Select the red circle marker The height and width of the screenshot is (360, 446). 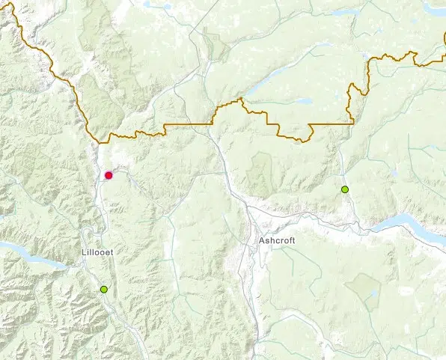[109, 175]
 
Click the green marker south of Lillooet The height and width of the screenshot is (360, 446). [104, 289]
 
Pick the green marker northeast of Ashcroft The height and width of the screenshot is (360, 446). [345, 189]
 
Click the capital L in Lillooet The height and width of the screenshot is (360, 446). [85, 252]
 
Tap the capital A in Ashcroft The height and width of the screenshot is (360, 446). [261, 241]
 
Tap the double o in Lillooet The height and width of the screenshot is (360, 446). [100, 252]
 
